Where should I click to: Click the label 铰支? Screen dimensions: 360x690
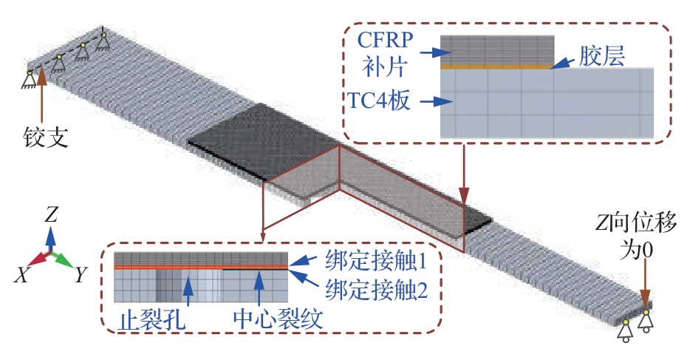pyautogui.click(x=46, y=137)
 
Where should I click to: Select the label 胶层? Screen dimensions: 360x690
pyautogui.click(x=602, y=58)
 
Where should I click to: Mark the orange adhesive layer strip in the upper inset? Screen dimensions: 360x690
pyautogui.click(x=496, y=66)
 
